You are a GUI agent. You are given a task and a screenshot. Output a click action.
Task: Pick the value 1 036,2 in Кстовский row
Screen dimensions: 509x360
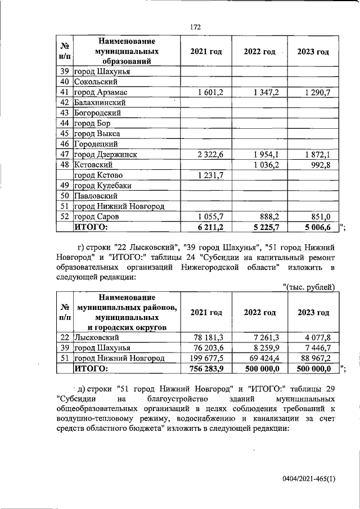click(x=266, y=165)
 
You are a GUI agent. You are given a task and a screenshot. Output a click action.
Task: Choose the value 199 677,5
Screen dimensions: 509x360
click(x=208, y=358)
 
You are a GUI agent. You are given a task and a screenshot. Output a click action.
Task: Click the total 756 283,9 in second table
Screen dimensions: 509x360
click(x=208, y=369)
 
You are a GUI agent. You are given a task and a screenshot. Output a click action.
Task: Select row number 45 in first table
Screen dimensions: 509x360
click(x=64, y=134)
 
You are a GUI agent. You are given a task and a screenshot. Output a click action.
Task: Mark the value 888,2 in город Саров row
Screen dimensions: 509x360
click(x=269, y=217)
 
